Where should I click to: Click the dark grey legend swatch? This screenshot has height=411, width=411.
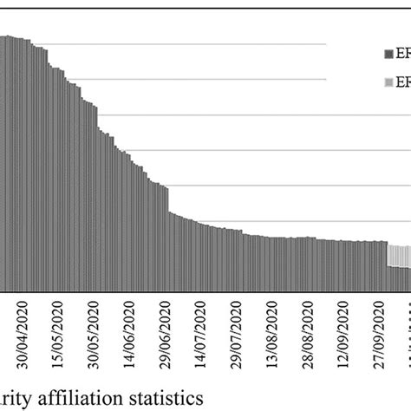pos(388,54)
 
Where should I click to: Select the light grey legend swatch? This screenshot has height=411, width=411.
pos(388,83)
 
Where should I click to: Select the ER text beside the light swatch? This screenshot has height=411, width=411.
pos(402,83)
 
